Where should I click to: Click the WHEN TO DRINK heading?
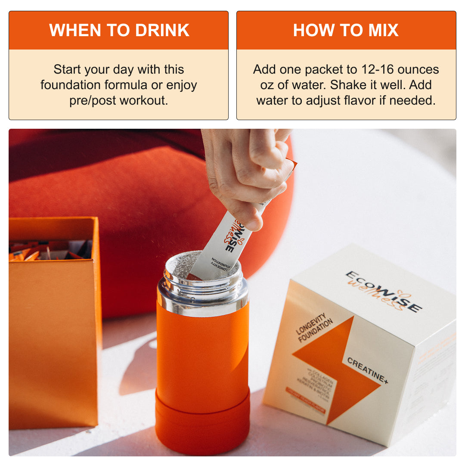pos(119,30)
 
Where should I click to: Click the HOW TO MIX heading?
pos(346,30)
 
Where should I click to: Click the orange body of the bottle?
pos(202,349)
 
